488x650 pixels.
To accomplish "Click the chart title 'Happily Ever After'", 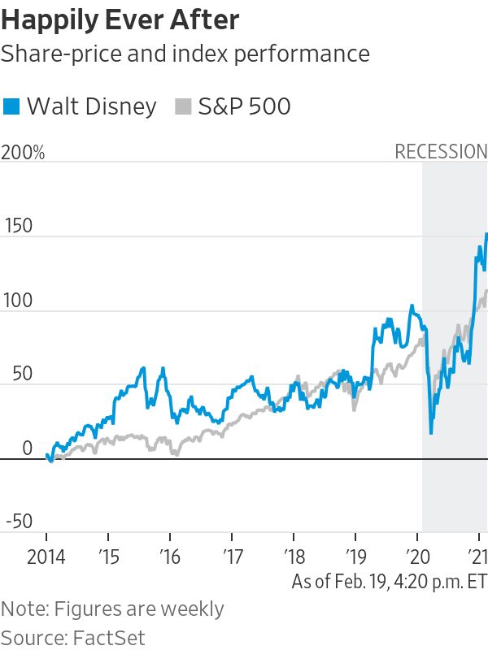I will (120, 20).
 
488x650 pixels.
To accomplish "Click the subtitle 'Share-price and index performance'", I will (185, 54).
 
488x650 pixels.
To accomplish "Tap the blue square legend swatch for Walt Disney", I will (11, 106).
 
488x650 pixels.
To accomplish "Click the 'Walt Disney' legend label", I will (92, 106).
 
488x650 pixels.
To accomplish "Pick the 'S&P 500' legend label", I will (245, 106).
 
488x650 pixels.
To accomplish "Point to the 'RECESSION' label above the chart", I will (441, 152).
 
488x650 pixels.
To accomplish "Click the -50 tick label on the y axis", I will (20, 522).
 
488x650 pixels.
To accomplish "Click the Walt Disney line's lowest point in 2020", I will (431, 432).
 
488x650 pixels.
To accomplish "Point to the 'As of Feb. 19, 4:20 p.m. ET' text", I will (389, 582).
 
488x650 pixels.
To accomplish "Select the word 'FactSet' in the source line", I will (106, 636).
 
